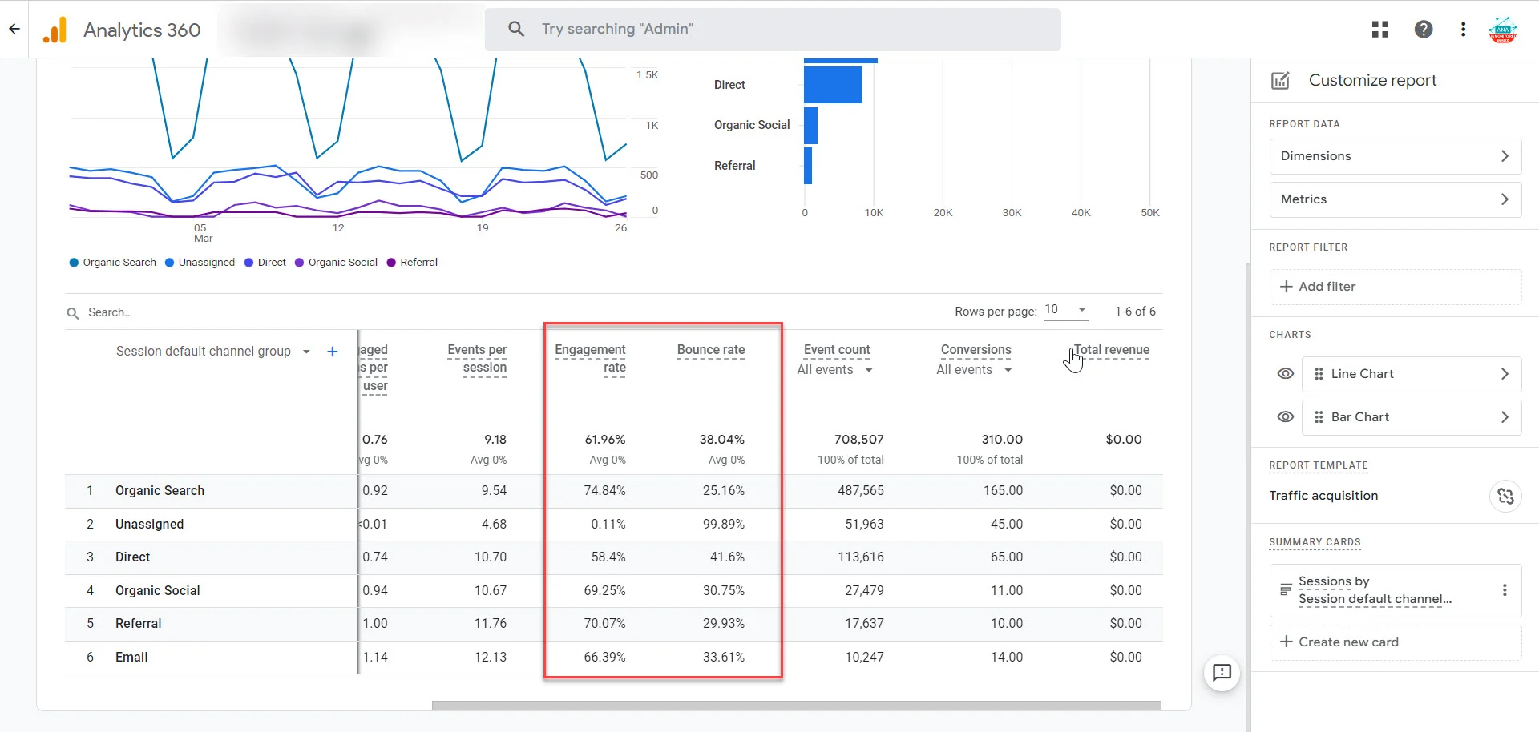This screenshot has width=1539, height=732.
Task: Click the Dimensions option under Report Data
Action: tap(1395, 156)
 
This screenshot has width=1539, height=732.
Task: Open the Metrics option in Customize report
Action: tap(1395, 199)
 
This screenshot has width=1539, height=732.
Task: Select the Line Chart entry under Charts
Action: tap(1411, 374)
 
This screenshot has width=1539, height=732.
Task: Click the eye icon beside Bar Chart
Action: tap(1285, 417)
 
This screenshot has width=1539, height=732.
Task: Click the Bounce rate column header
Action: tap(710, 350)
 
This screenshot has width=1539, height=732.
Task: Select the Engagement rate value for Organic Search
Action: tap(604, 491)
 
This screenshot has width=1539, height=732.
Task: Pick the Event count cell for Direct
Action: tap(860, 557)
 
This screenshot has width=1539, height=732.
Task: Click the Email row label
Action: tap(131, 658)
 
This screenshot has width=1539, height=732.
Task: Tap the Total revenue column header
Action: tap(1111, 350)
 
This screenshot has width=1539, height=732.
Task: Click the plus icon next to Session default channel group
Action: tap(333, 352)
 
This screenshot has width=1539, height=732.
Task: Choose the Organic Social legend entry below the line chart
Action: tap(341, 263)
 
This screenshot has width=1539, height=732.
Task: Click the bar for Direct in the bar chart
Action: tap(833, 85)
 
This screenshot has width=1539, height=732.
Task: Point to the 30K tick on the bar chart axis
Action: tap(1012, 213)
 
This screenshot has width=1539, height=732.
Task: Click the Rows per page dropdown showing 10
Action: tap(1065, 310)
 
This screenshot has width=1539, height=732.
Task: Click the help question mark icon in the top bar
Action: tap(1423, 30)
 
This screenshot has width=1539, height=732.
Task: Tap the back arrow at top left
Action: tap(14, 30)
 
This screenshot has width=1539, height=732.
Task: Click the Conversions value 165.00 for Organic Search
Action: tap(1002, 491)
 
